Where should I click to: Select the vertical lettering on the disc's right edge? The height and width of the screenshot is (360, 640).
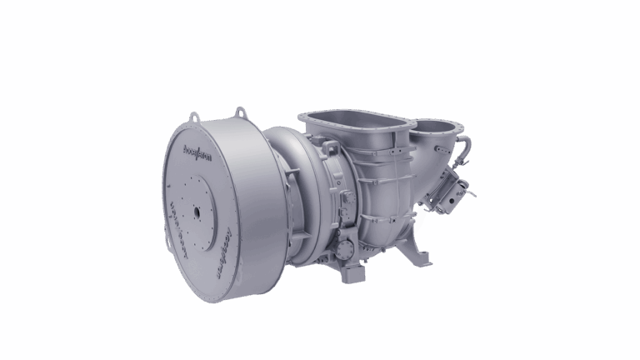click(223, 251)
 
